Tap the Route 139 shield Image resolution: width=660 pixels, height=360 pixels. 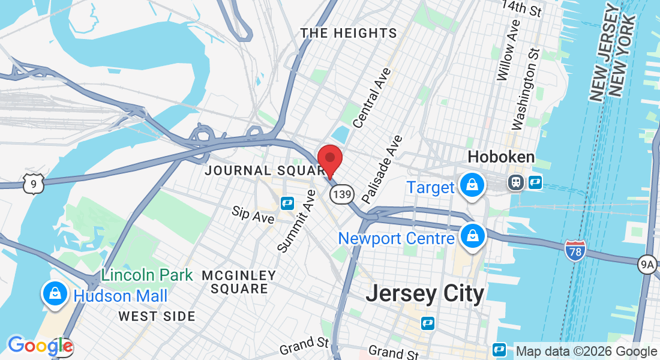point(341,194)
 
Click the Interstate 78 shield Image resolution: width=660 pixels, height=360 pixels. point(575,251)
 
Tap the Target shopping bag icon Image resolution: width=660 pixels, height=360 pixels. point(473,185)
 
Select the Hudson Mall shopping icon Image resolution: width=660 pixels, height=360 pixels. point(55,295)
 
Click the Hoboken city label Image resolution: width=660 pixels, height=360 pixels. point(501,158)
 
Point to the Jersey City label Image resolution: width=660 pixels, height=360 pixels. point(424,294)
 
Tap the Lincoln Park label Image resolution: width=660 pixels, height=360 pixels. point(147,275)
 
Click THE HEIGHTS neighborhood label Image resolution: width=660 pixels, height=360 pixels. point(349,33)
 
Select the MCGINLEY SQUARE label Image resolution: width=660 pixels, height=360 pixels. point(239,282)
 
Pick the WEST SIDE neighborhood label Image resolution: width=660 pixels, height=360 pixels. point(157,316)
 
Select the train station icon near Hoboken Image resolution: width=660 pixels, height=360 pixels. point(515,182)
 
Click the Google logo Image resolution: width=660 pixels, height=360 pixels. point(40,346)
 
